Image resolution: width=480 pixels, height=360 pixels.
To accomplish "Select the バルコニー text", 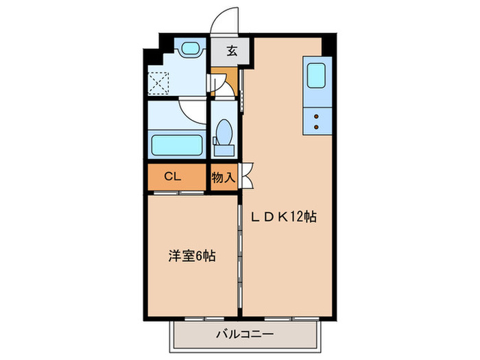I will (x=245, y=335).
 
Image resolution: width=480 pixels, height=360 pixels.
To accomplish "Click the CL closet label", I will (x=172, y=176).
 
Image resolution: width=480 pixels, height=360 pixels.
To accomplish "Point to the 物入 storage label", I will (x=223, y=177).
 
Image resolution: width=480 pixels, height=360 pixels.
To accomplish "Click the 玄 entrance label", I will (x=232, y=50).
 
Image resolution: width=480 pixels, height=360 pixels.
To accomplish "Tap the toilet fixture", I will (x=224, y=132).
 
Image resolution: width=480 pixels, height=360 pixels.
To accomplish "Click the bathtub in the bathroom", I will (x=175, y=145).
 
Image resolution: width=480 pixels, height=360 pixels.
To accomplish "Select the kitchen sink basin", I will (x=316, y=75).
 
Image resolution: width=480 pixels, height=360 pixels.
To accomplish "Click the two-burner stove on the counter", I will (x=316, y=121).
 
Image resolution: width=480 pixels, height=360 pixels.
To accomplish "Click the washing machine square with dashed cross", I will (x=161, y=84).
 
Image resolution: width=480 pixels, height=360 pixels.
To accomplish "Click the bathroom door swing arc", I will (x=193, y=111).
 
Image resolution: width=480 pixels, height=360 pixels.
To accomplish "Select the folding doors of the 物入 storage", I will (x=247, y=176).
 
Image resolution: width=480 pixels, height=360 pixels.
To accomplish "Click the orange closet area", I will (x=175, y=176).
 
